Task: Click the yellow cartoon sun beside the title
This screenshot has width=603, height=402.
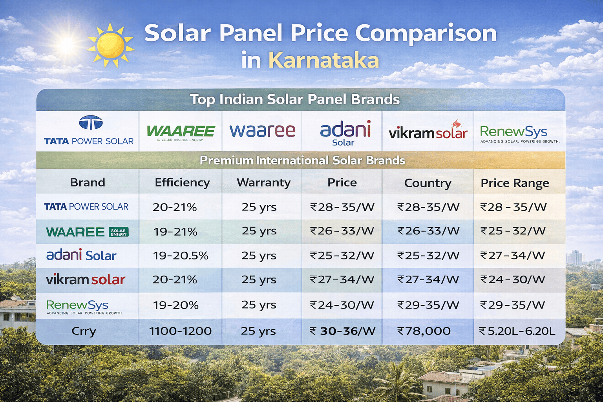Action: [110, 46]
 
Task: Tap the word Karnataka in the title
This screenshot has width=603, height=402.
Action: [323, 60]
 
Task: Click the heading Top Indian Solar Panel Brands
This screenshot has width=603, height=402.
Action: [295, 99]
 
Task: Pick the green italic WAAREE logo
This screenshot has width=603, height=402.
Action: [181, 132]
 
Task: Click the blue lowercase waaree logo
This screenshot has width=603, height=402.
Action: [262, 131]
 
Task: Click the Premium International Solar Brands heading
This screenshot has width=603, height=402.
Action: [302, 161]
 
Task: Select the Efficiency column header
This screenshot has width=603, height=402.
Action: [182, 183]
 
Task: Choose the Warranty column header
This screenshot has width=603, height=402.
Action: [263, 183]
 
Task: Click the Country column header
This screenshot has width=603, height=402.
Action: [428, 183]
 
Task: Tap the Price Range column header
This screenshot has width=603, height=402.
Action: [515, 183]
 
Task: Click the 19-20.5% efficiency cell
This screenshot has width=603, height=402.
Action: [181, 256]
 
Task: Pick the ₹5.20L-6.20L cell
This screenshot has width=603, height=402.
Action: [517, 331]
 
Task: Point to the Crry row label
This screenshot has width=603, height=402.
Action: [84, 331]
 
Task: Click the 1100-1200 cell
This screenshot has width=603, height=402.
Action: [180, 331]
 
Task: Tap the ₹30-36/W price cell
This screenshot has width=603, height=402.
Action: [342, 331]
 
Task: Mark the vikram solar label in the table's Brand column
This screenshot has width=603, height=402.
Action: [86, 280]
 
